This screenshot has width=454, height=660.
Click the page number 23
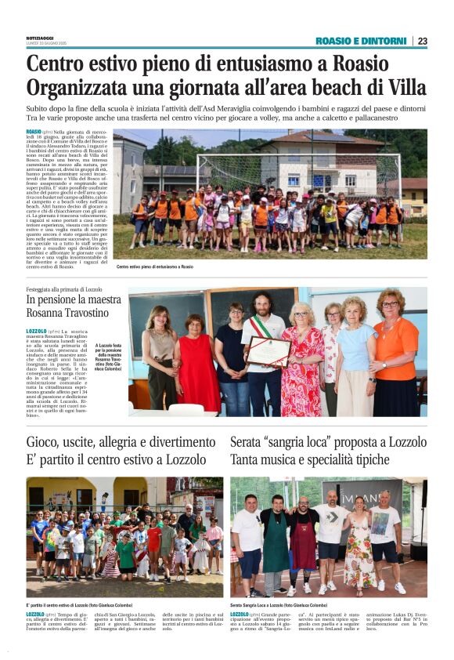[422, 41]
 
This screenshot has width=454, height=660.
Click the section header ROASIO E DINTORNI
[361, 41]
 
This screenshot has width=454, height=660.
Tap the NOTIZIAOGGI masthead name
[41, 38]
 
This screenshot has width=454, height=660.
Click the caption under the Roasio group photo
[154, 267]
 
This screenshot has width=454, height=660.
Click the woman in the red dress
[198, 368]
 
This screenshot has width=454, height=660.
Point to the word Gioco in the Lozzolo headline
[44, 442]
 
